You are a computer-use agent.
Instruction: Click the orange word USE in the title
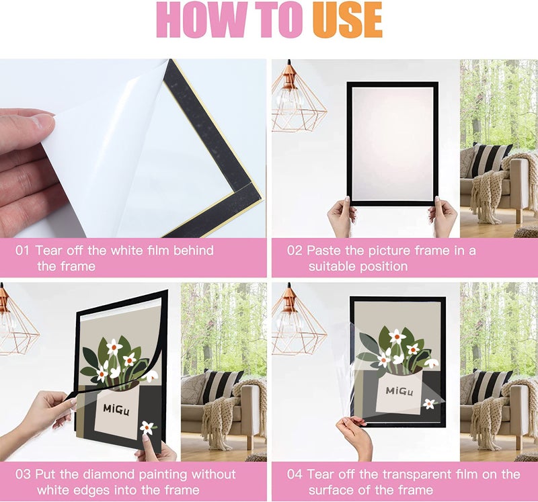[x=347, y=19]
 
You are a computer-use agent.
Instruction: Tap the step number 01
[x=22, y=250]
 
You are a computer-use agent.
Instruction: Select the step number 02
[x=295, y=250]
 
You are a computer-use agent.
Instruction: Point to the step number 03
[x=23, y=474]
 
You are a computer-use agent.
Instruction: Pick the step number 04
[x=295, y=474]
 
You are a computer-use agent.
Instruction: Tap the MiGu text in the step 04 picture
[x=399, y=391]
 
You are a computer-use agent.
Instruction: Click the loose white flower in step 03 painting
[x=147, y=427]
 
